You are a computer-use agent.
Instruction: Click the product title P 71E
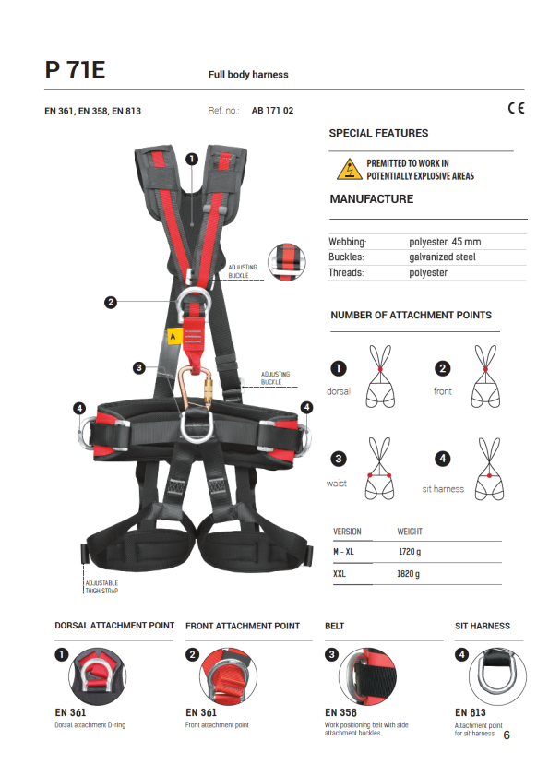click(x=75, y=69)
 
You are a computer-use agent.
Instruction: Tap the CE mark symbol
click(x=516, y=108)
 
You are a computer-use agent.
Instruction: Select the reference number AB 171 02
click(x=272, y=111)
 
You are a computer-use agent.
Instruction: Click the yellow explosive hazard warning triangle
click(x=350, y=169)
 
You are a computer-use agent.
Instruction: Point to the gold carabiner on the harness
click(x=196, y=388)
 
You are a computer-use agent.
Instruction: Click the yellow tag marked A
click(x=173, y=337)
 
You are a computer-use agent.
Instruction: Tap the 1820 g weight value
click(x=408, y=574)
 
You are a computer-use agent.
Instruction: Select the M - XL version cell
click(x=343, y=552)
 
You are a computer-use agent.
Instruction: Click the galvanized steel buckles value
click(x=442, y=257)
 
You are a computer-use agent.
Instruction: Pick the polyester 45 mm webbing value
click(x=445, y=242)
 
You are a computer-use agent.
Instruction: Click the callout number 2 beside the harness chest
click(x=111, y=302)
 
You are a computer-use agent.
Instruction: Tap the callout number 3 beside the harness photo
click(x=139, y=367)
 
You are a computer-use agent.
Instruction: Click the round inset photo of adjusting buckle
click(x=286, y=262)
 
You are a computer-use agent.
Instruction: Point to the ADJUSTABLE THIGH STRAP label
click(x=101, y=587)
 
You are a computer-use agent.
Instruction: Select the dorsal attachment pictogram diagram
click(x=380, y=377)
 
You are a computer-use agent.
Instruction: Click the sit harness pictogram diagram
click(x=490, y=469)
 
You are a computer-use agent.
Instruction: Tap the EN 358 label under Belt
click(x=340, y=712)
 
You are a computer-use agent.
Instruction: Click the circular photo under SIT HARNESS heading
click(x=497, y=676)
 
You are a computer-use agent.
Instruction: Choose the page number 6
click(x=507, y=735)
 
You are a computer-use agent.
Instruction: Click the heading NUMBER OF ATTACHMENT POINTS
click(x=412, y=316)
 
